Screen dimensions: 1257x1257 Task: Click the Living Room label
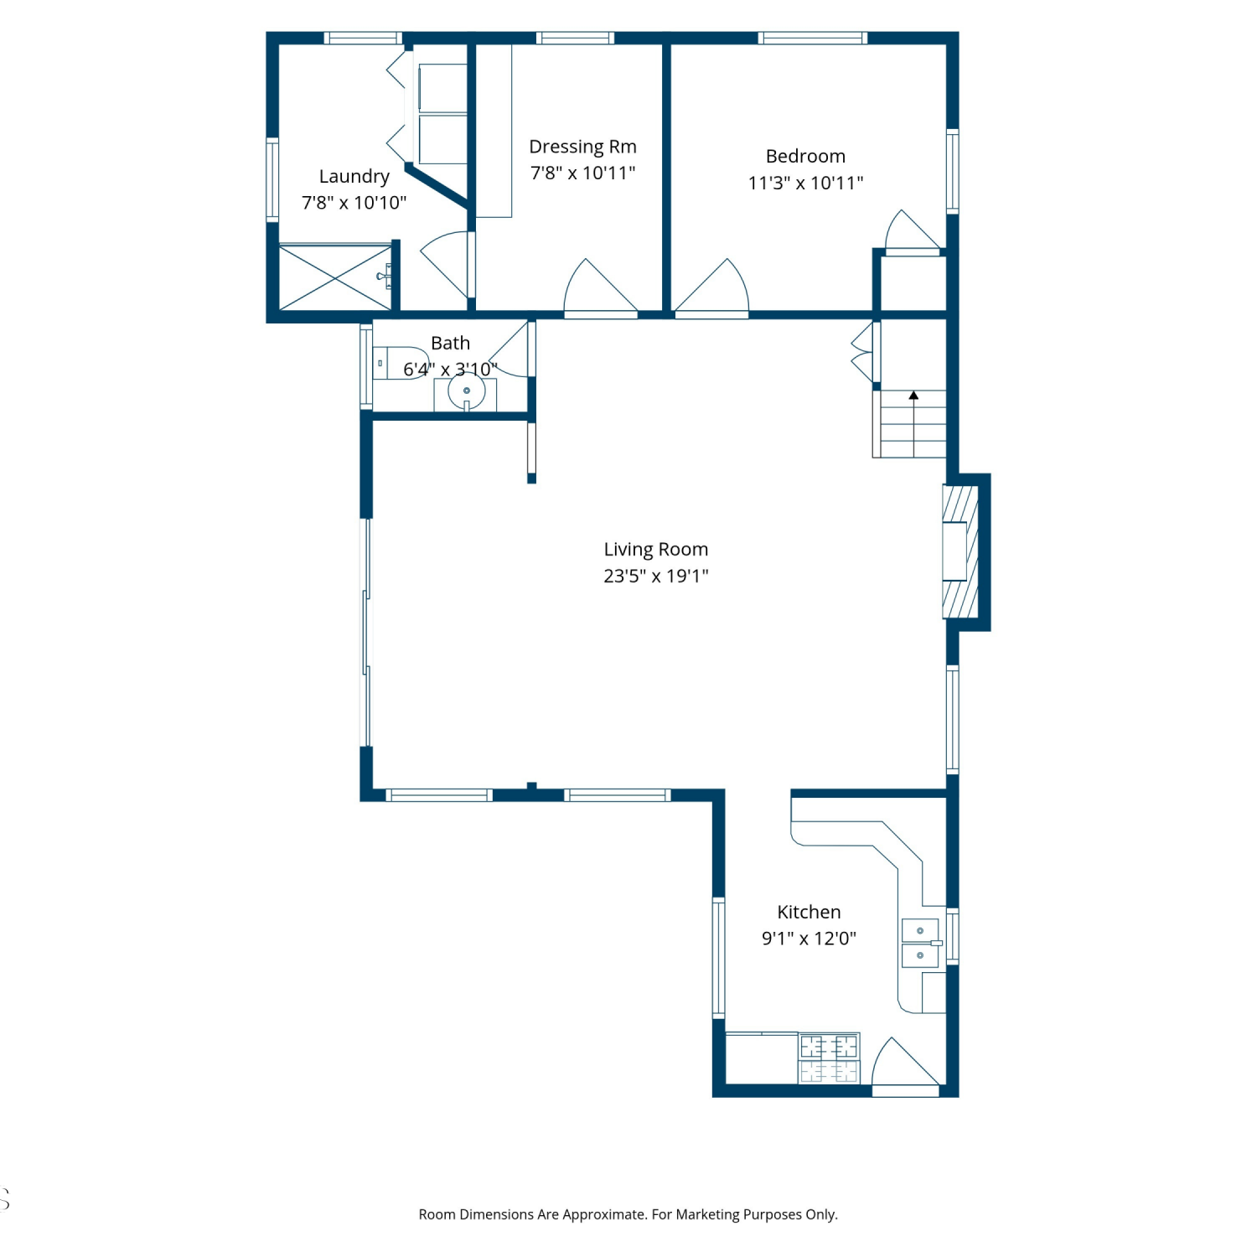click(x=655, y=549)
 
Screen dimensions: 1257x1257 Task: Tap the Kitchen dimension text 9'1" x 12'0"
click(x=809, y=938)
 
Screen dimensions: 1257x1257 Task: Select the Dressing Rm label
click(x=582, y=147)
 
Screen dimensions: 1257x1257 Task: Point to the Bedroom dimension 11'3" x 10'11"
click(x=805, y=183)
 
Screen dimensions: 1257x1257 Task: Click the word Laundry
click(x=354, y=176)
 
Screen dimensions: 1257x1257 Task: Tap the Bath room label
click(x=450, y=343)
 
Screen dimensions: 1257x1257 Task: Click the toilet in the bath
click(x=401, y=363)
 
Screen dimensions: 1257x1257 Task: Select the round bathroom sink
click(x=466, y=391)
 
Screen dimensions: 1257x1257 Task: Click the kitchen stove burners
click(x=829, y=1058)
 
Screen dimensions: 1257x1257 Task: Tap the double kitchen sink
click(x=920, y=943)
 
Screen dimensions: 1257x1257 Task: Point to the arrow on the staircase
click(x=913, y=395)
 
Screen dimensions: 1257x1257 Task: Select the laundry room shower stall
click(x=335, y=277)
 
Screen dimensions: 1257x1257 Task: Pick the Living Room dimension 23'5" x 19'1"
click(x=655, y=576)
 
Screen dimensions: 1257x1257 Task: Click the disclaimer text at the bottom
click(x=628, y=1214)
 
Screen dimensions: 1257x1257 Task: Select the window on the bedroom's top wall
click(x=812, y=38)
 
